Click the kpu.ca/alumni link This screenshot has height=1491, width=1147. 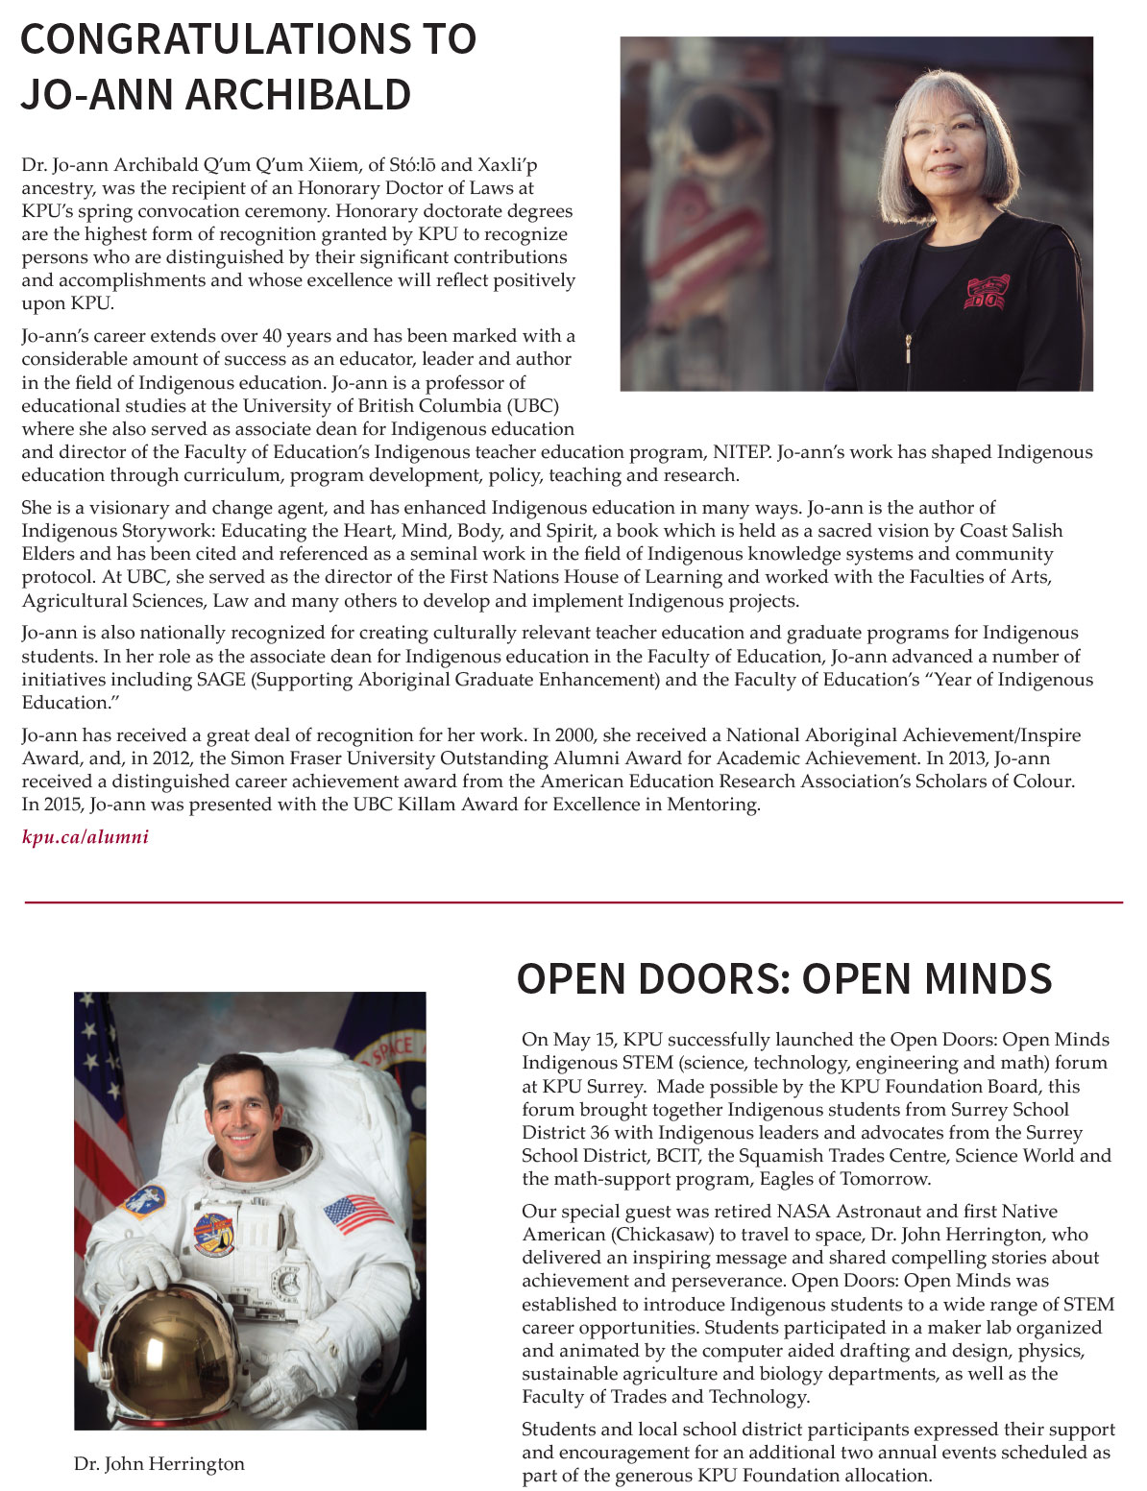(x=85, y=837)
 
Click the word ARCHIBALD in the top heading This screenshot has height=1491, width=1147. (x=298, y=94)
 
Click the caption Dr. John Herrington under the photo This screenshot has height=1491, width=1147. (x=159, y=1464)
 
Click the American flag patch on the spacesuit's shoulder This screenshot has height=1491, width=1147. (x=357, y=1214)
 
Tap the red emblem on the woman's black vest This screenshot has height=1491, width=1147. (x=987, y=293)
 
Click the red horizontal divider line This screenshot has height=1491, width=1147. (x=573, y=902)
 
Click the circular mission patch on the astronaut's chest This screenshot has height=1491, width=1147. (x=213, y=1235)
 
